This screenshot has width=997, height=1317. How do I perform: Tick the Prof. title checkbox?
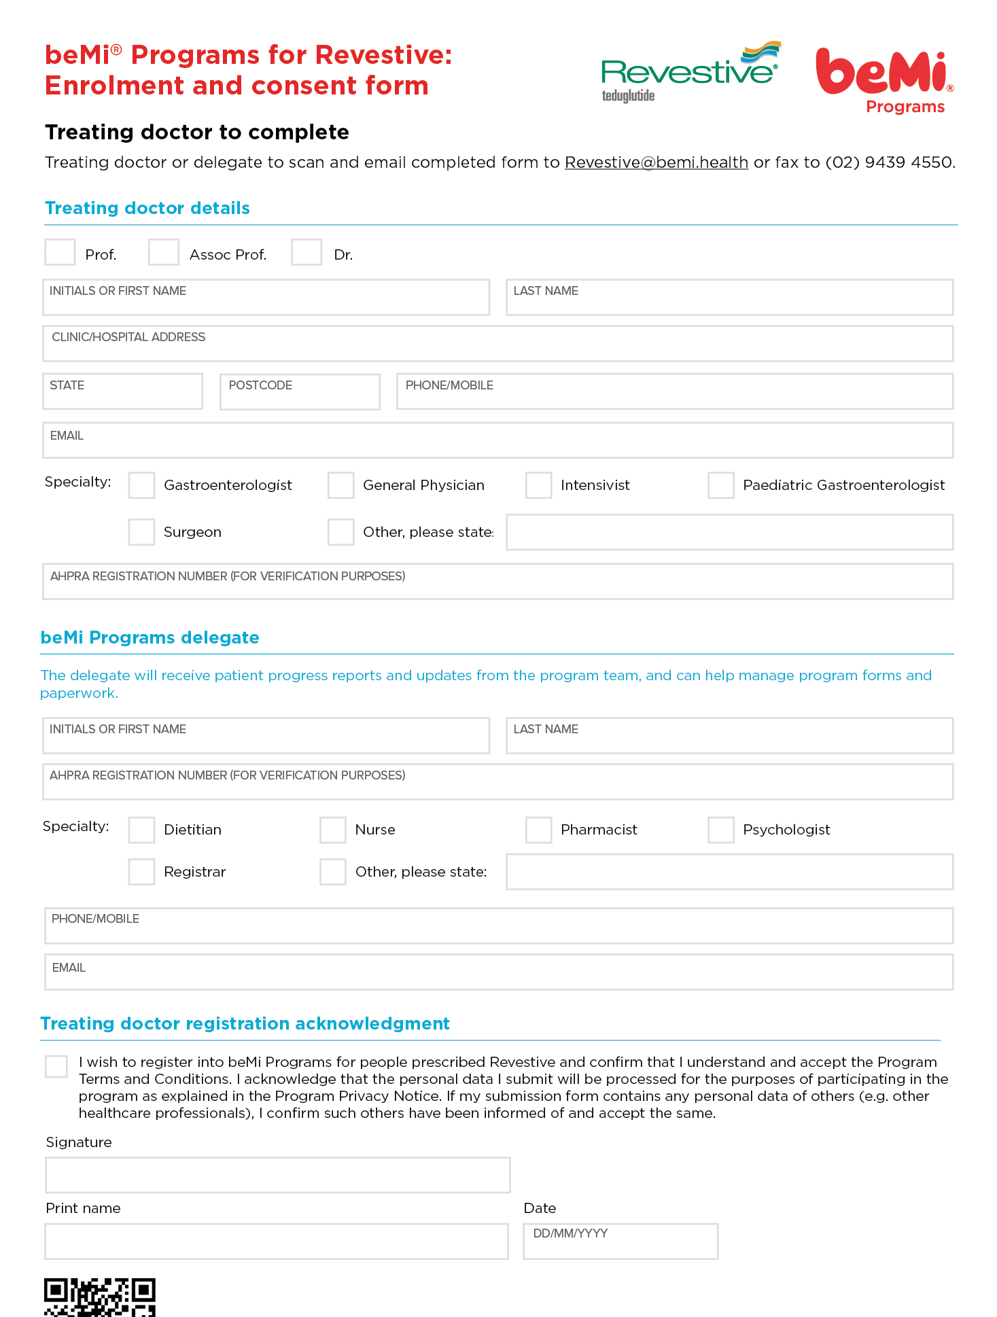click(x=60, y=252)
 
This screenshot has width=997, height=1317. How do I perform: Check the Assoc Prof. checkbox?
click(x=164, y=252)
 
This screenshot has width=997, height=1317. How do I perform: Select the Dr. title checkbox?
click(x=307, y=252)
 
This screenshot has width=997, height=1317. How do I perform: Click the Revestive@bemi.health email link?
click(x=656, y=162)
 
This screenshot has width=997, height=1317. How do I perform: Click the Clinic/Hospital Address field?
click(x=497, y=344)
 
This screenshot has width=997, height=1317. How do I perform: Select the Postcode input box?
click(x=300, y=392)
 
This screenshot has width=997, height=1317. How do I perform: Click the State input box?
click(x=122, y=392)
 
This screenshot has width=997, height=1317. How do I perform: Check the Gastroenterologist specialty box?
click(x=142, y=485)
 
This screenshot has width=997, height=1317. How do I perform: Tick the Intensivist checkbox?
click(x=538, y=485)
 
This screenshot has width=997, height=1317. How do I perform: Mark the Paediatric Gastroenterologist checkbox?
click(x=720, y=485)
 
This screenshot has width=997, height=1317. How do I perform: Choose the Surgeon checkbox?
click(x=142, y=532)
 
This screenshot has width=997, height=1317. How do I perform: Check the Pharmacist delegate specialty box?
click(x=538, y=830)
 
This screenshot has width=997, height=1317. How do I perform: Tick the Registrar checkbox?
click(x=142, y=872)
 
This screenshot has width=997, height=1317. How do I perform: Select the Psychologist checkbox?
click(x=720, y=830)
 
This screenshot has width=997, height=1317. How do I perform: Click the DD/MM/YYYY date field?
click(x=620, y=1242)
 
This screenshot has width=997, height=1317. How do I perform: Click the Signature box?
click(x=277, y=1175)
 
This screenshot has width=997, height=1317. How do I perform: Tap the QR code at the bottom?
click(x=100, y=1297)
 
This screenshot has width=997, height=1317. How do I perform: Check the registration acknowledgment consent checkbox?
click(x=56, y=1066)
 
